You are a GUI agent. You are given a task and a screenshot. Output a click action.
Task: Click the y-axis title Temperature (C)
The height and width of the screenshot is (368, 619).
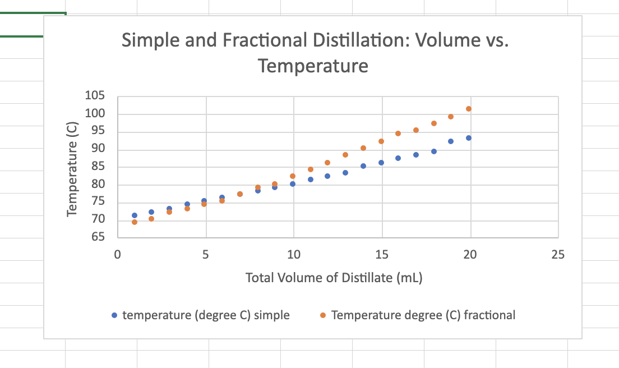point(72,167)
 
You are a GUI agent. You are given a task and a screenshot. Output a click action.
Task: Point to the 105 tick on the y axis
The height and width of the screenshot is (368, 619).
point(95,96)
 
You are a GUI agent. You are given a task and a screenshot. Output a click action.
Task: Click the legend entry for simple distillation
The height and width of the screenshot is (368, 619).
point(206,315)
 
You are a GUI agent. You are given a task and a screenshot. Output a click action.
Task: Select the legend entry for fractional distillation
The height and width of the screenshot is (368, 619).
point(423,315)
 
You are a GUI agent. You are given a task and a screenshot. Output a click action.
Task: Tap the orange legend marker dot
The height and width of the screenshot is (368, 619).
point(322,315)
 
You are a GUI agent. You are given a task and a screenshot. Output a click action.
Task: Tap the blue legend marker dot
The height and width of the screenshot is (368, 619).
point(114,315)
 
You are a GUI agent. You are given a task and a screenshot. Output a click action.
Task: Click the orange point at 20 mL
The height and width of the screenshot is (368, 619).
point(469,109)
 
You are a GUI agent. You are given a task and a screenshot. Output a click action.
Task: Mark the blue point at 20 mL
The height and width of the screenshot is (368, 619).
point(469,138)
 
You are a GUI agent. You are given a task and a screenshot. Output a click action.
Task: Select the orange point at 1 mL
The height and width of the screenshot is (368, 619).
point(135,222)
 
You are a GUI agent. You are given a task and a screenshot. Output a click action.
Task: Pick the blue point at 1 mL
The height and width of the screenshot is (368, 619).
point(135,215)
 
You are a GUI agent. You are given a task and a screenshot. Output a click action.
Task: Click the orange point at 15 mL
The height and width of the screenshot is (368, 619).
point(381,141)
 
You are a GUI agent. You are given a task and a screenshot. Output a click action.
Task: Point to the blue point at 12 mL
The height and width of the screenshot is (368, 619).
point(327,176)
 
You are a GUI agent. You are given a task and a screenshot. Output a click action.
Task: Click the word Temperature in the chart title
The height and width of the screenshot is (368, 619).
point(313,66)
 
